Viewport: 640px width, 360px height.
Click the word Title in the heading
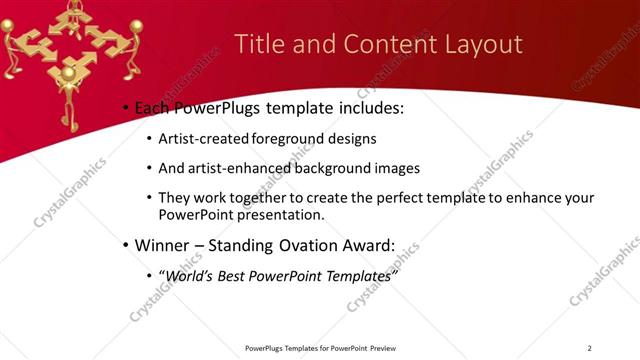point(259,45)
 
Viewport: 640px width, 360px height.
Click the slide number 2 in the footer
point(589,348)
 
